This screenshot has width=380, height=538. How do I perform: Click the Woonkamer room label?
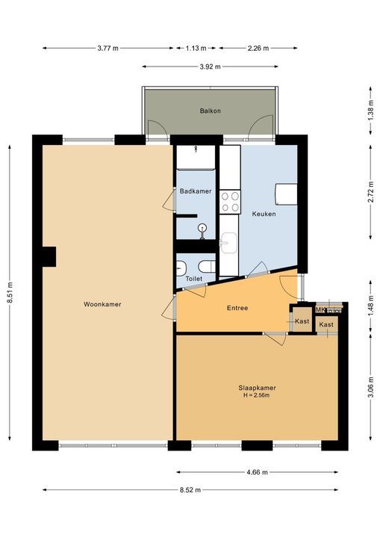point(102,304)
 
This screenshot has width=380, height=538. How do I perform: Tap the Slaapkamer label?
point(257,388)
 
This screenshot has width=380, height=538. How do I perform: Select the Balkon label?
point(211,111)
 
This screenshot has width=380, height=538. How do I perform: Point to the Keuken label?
point(264,214)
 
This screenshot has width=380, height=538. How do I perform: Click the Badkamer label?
point(196,191)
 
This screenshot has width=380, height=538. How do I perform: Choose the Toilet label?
point(194,279)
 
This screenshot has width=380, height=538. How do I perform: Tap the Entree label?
point(237,308)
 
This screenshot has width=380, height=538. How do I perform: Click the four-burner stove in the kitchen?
point(230,202)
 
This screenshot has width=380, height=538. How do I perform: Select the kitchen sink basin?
point(228,243)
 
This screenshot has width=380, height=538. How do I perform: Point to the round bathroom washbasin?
point(202,227)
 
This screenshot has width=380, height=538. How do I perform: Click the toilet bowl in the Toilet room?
point(207,266)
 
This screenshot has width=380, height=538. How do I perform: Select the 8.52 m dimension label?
point(190,489)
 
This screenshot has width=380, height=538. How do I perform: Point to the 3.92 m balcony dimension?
point(211,67)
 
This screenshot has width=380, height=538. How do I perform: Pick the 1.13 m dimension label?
point(196,49)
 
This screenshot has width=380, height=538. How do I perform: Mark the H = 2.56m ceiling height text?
point(257,395)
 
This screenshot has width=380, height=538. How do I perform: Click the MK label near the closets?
point(320,309)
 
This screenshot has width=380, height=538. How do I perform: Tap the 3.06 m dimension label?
point(371,387)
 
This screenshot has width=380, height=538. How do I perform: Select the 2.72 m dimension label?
point(371,191)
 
